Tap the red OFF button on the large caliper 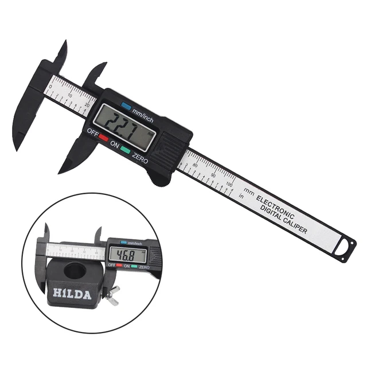pyautogui.click(x=104, y=138)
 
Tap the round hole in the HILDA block pyautogui.click(x=75, y=269)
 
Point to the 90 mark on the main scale pyautogui.click(x=214, y=175)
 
